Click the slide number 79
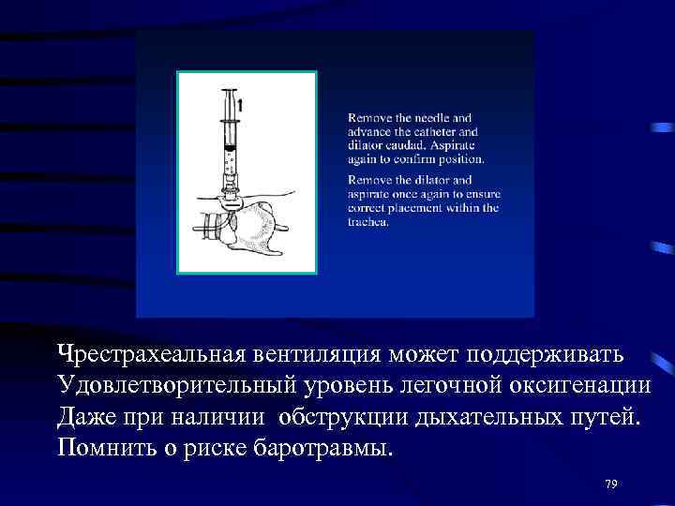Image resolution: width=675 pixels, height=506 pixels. (611, 484)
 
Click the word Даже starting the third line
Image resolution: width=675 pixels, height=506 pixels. (87, 416)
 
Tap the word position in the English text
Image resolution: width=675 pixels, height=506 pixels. (458, 158)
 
